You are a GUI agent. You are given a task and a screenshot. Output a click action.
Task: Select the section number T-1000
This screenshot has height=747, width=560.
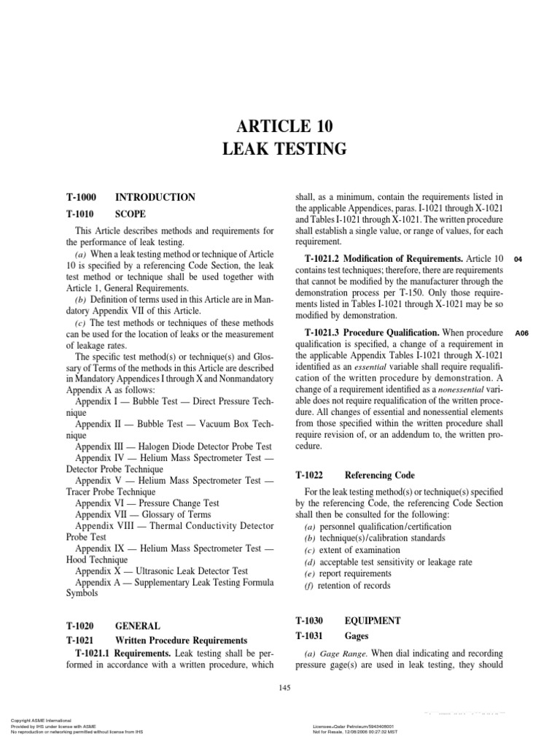[81, 197]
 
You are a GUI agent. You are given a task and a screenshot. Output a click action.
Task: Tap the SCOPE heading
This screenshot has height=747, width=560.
[131, 214]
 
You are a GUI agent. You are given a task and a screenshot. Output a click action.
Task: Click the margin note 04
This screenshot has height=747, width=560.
[518, 259]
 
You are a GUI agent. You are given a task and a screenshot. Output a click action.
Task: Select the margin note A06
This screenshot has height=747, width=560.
[521, 333]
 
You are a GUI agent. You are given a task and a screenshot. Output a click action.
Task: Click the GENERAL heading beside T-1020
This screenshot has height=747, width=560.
[139, 626]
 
